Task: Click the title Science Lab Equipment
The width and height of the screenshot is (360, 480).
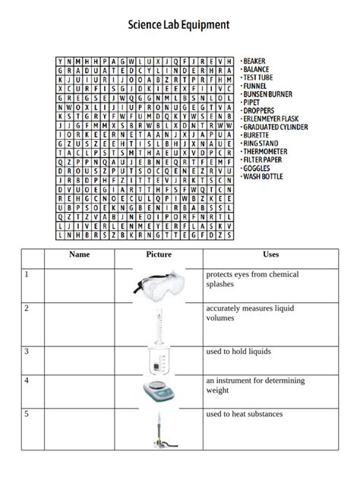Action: [x=178, y=26]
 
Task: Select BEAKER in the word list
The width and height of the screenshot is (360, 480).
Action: [x=255, y=61]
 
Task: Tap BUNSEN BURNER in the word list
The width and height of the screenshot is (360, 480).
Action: [x=268, y=94]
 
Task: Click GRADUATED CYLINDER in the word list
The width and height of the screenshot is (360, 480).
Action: [x=275, y=127]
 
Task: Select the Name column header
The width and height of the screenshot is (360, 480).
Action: [x=79, y=255]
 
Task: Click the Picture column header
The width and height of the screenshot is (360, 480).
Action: [x=158, y=255]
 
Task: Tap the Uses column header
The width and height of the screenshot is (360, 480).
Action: [x=271, y=255]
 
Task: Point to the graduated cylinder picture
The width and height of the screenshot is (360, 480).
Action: [x=158, y=324]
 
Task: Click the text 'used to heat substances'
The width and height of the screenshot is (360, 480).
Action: [x=244, y=414]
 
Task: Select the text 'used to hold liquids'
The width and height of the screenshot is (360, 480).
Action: [x=238, y=352]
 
